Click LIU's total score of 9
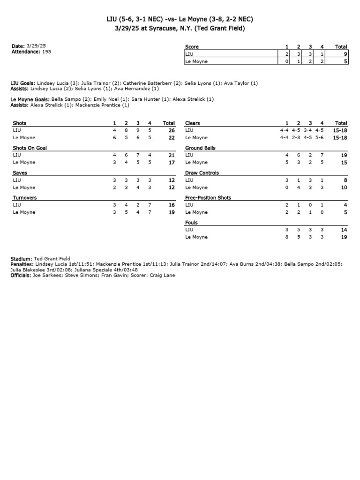pos(345,54)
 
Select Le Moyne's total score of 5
pos(345,61)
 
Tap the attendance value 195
pos(46,52)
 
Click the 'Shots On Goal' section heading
pos(30,148)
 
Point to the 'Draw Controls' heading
pos(202,173)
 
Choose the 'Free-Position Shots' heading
pos(208,198)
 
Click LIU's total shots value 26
pos(171,130)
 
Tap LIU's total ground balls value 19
pos(344,155)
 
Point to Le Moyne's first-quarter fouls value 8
pos(287,237)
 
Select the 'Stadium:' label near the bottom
pos(22,259)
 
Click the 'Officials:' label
pos(22,276)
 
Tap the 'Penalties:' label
pos(22,264)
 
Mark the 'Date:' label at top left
pos(17,46)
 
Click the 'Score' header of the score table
pos(192,47)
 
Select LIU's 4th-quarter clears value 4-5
pos(319,130)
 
